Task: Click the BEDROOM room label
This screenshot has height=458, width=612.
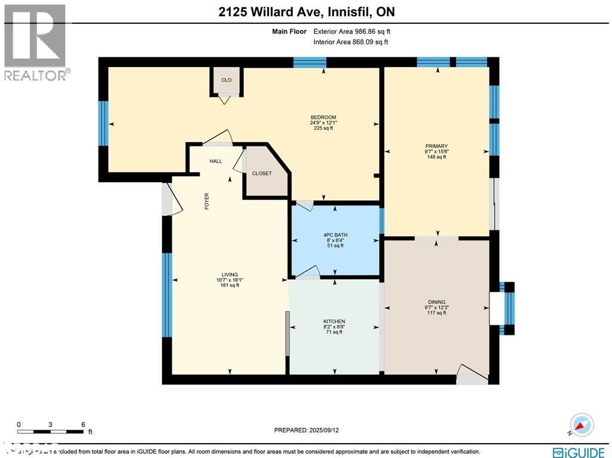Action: [323, 117]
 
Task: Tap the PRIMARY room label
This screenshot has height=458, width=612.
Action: [436, 146]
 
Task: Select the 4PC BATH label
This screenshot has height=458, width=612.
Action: [335, 234]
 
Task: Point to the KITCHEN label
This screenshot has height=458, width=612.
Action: [334, 321]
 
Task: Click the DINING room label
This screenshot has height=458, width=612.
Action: [436, 302]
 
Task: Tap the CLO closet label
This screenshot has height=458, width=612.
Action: [227, 80]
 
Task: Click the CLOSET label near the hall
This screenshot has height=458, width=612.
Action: [262, 173]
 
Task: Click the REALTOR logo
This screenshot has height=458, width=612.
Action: [35, 42]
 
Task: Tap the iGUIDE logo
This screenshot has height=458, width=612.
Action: [580, 452]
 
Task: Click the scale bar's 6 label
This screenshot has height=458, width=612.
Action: [82, 424]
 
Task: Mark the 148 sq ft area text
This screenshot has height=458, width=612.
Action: [436, 157]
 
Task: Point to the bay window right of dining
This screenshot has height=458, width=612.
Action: [508, 308]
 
